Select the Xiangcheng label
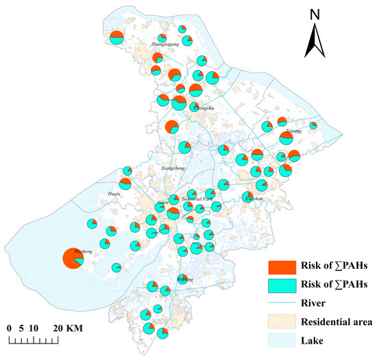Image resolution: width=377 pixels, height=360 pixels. click(172, 168)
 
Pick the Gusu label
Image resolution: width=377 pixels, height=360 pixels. click(162, 203)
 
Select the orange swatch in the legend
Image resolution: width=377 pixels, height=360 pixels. click(281, 266)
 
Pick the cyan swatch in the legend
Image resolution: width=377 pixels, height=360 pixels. click(281, 284)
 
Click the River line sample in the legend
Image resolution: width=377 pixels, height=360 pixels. click(281, 302)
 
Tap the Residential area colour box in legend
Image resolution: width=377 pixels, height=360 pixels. click(281, 320)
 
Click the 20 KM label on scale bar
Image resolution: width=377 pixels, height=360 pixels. click(69, 328)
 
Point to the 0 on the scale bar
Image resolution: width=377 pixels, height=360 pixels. click(10, 328)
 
